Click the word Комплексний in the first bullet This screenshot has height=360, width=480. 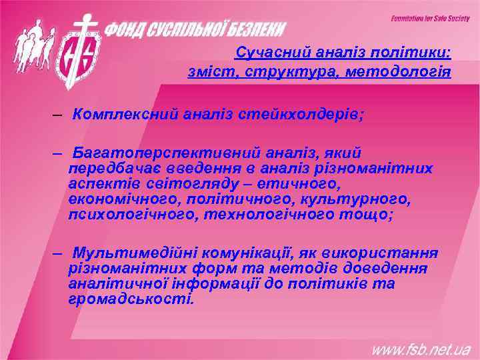pyautogui.click(x=125, y=114)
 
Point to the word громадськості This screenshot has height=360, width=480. pyautogui.click(x=129, y=299)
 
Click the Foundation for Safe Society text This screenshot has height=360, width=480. pyautogui.click(x=430, y=19)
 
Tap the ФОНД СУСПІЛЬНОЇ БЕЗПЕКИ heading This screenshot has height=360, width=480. pyautogui.click(x=197, y=29)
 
